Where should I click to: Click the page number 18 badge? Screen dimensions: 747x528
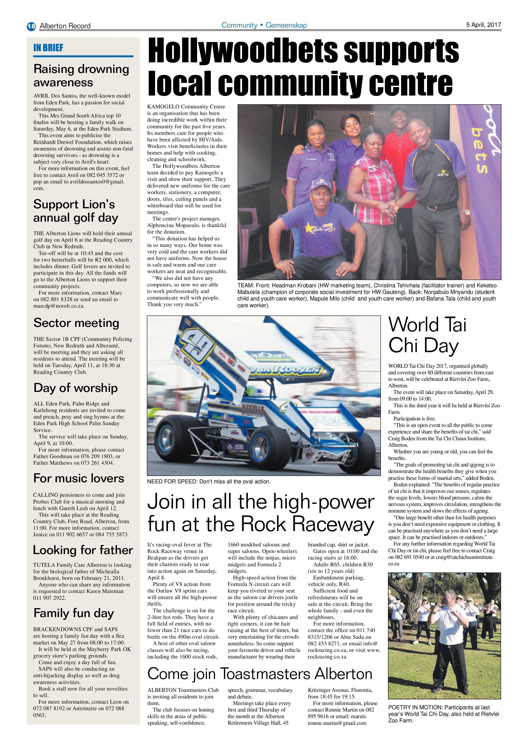pos(31,26)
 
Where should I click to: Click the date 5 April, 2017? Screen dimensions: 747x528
pos(484,25)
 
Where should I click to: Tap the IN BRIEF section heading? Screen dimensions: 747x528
pos(48,48)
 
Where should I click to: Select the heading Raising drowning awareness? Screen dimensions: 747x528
pos(81,75)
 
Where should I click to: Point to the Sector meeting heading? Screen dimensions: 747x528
pos(76,323)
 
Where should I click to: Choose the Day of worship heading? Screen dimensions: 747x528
pos(75,388)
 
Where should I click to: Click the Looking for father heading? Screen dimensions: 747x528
pos(83,550)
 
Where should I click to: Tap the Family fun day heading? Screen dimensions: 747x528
pos(74,613)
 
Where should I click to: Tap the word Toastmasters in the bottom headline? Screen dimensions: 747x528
pos(265,674)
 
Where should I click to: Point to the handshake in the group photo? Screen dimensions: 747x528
pos(391,207)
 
